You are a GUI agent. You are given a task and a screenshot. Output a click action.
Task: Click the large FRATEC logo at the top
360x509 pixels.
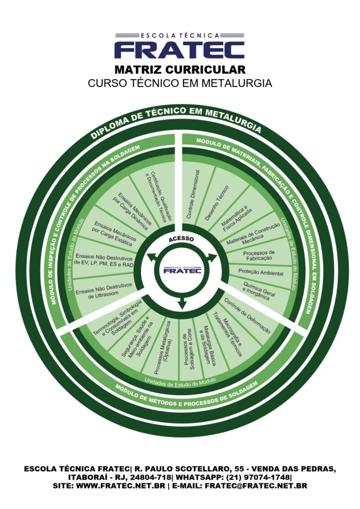click(180, 46)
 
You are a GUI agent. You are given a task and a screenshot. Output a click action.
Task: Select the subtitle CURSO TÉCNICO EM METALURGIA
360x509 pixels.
click(180, 83)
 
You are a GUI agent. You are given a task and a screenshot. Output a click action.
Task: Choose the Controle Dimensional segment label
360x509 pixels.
click(193, 194)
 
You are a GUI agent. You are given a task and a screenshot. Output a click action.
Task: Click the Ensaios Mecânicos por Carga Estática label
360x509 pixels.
click(113, 234)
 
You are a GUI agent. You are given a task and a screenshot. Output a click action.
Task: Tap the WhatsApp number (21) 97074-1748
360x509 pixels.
click(258, 477)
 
